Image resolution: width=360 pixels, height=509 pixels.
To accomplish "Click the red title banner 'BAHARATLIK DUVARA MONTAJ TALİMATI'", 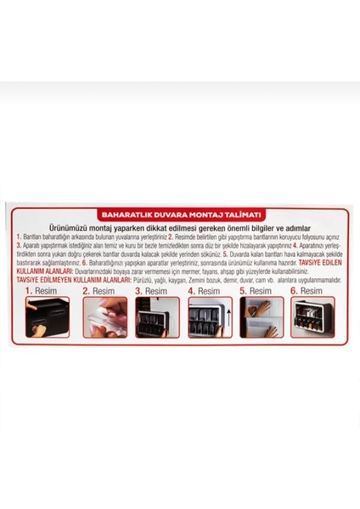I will [x=180, y=215].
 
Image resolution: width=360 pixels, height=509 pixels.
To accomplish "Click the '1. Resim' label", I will [x=41, y=290].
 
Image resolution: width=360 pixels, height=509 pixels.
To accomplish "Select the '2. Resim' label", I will [x=98, y=290].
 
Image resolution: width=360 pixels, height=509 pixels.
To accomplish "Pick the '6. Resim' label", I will [x=310, y=290].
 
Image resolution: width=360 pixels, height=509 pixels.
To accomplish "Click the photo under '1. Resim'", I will [x=48, y=316].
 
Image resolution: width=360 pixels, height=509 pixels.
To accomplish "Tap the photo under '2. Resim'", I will [x=104, y=316].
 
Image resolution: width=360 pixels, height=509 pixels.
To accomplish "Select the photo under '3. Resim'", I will [x=157, y=316].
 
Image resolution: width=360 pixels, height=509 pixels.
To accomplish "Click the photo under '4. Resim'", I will [x=210, y=316].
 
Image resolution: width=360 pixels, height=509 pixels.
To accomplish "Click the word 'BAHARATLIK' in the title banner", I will [x=127, y=215].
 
